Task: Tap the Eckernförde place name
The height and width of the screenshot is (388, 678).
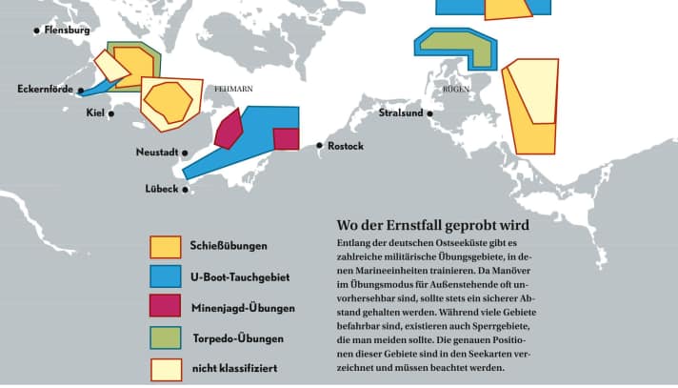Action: click(47, 90)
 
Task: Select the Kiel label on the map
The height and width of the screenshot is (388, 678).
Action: click(94, 113)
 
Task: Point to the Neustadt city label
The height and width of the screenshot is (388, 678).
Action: click(157, 153)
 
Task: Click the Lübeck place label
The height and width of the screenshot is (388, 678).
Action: click(161, 189)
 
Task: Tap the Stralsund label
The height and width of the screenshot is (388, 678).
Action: click(400, 113)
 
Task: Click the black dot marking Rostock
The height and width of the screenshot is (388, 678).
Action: click(320, 146)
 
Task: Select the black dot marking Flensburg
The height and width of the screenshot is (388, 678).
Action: click(37, 31)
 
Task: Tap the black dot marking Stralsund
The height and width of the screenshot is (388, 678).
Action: click(429, 113)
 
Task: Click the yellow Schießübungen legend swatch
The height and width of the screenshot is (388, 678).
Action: click(165, 247)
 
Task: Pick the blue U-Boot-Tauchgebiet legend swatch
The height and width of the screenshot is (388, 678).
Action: click(165, 277)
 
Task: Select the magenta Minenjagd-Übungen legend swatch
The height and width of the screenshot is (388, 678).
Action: click(165, 308)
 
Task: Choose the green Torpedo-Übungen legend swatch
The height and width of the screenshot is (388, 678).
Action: click(165, 338)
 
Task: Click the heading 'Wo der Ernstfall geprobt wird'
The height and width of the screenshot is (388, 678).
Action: click(432, 226)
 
